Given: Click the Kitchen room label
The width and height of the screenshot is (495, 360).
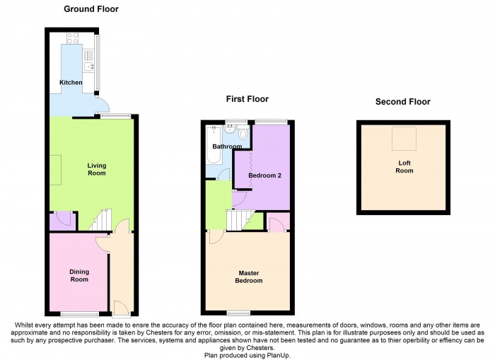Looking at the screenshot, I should pyautogui.click(x=71, y=83).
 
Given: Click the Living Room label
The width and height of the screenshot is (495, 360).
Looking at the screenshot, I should pyautogui.click(x=97, y=170).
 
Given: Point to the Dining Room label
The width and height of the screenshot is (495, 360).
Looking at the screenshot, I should pyautogui.click(x=79, y=275).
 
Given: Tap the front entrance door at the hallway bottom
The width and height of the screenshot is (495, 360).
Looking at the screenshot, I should pyautogui.click(x=121, y=307).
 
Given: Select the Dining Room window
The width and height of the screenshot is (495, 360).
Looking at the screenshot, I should pyautogui.click(x=79, y=313).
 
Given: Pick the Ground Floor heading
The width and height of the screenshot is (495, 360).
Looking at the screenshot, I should pyautogui.click(x=91, y=9).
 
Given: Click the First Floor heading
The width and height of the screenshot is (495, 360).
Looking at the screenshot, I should pyautogui.click(x=247, y=99).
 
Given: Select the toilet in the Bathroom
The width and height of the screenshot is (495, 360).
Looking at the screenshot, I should pyautogui.click(x=243, y=134).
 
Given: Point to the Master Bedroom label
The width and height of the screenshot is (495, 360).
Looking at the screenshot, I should pyautogui.click(x=249, y=277).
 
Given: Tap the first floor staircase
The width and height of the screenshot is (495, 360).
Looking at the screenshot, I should pyautogui.click(x=240, y=220).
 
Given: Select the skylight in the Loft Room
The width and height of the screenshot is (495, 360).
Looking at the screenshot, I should pyautogui.click(x=403, y=140).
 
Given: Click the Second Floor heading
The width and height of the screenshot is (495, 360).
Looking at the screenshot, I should pyautogui.click(x=402, y=102).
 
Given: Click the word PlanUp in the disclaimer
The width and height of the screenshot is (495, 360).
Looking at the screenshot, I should pyautogui.click(x=276, y=355).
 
